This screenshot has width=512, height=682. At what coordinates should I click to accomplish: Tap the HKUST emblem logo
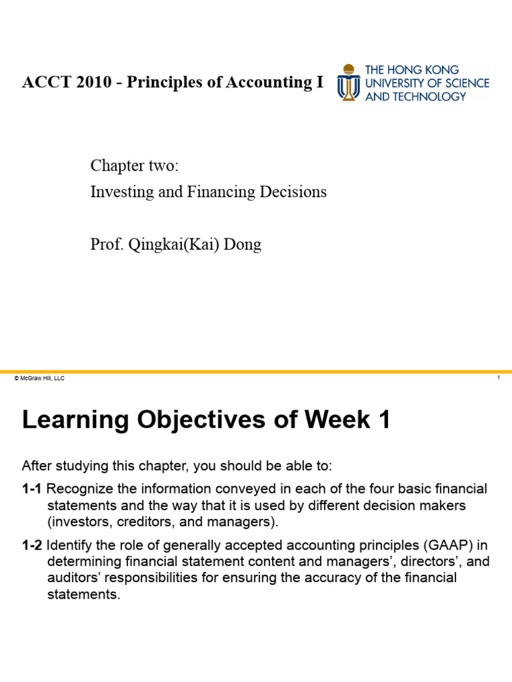348,82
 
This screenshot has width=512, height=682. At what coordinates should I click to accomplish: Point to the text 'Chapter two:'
135,166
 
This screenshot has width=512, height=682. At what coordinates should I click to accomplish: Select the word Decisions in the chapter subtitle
293,192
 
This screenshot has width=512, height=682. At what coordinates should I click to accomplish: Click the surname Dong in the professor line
242,244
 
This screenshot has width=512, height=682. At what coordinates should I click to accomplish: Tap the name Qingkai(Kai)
174,244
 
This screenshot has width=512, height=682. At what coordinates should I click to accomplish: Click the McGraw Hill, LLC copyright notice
39,378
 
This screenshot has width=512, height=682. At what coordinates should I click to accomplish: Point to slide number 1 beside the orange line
499,378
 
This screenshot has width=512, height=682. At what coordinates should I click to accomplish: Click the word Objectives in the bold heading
201,420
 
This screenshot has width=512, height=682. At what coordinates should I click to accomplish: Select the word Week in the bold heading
337,420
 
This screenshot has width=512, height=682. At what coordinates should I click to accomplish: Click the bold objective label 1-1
31,489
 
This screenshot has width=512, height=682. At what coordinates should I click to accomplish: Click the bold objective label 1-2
32,545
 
